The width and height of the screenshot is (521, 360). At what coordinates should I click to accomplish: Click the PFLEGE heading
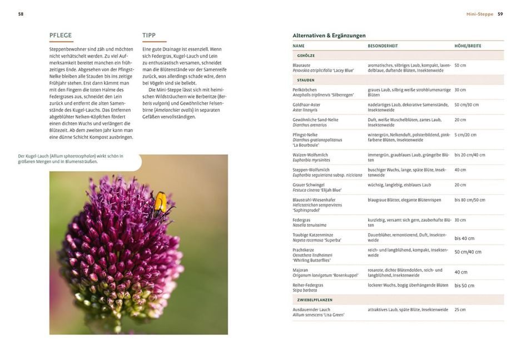point(61,35)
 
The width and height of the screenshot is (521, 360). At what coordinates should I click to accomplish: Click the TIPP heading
point(148,35)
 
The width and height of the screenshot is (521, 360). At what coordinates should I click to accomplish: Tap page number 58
point(21,14)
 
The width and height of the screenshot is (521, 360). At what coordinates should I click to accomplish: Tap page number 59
point(500,14)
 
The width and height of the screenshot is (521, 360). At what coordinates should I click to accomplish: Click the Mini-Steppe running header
point(479,14)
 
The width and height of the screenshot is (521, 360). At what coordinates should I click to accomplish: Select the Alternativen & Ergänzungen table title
point(329,36)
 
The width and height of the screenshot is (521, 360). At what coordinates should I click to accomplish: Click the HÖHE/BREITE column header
point(468,46)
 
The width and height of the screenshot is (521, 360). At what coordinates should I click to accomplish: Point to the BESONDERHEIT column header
point(383,46)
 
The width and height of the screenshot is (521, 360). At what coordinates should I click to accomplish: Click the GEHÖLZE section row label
point(306,56)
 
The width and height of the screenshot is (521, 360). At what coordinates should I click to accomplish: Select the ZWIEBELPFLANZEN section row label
point(315,299)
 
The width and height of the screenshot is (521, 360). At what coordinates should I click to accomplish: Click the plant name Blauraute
point(301,65)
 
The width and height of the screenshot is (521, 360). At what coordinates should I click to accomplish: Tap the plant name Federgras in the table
point(302,220)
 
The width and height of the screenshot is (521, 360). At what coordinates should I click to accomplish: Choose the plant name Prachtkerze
point(304,250)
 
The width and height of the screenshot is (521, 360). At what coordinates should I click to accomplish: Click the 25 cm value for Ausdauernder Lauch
point(460,309)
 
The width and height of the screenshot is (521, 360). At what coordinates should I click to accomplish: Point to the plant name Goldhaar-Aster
point(307,104)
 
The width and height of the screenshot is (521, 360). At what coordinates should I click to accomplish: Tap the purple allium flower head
point(120,250)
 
